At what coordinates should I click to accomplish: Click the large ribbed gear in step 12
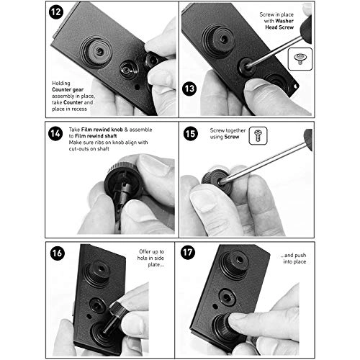(x=94, y=52)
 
